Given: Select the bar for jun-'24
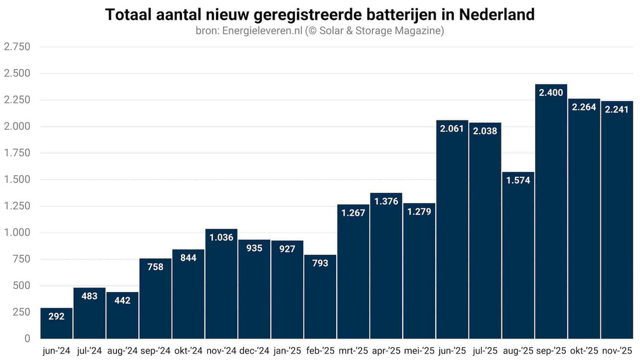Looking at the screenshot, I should [56, 326].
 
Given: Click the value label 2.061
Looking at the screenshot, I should [452, 129].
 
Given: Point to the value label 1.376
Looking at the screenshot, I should [386, 201].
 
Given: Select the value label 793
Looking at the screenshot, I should [320, 263].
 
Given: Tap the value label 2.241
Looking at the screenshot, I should [617, 109].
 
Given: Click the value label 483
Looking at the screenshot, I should [90, 296].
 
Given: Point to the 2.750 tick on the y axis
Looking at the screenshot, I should [17, 47].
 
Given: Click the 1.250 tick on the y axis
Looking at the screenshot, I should [17, 206].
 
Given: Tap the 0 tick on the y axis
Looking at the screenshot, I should [27, 338].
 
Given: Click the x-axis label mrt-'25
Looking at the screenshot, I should [353, 351].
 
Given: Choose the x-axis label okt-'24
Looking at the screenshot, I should [189, 351].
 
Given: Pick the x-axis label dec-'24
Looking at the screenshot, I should [254, 351].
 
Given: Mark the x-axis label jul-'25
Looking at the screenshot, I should [485, 351].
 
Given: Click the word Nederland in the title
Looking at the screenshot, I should [501, 15].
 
